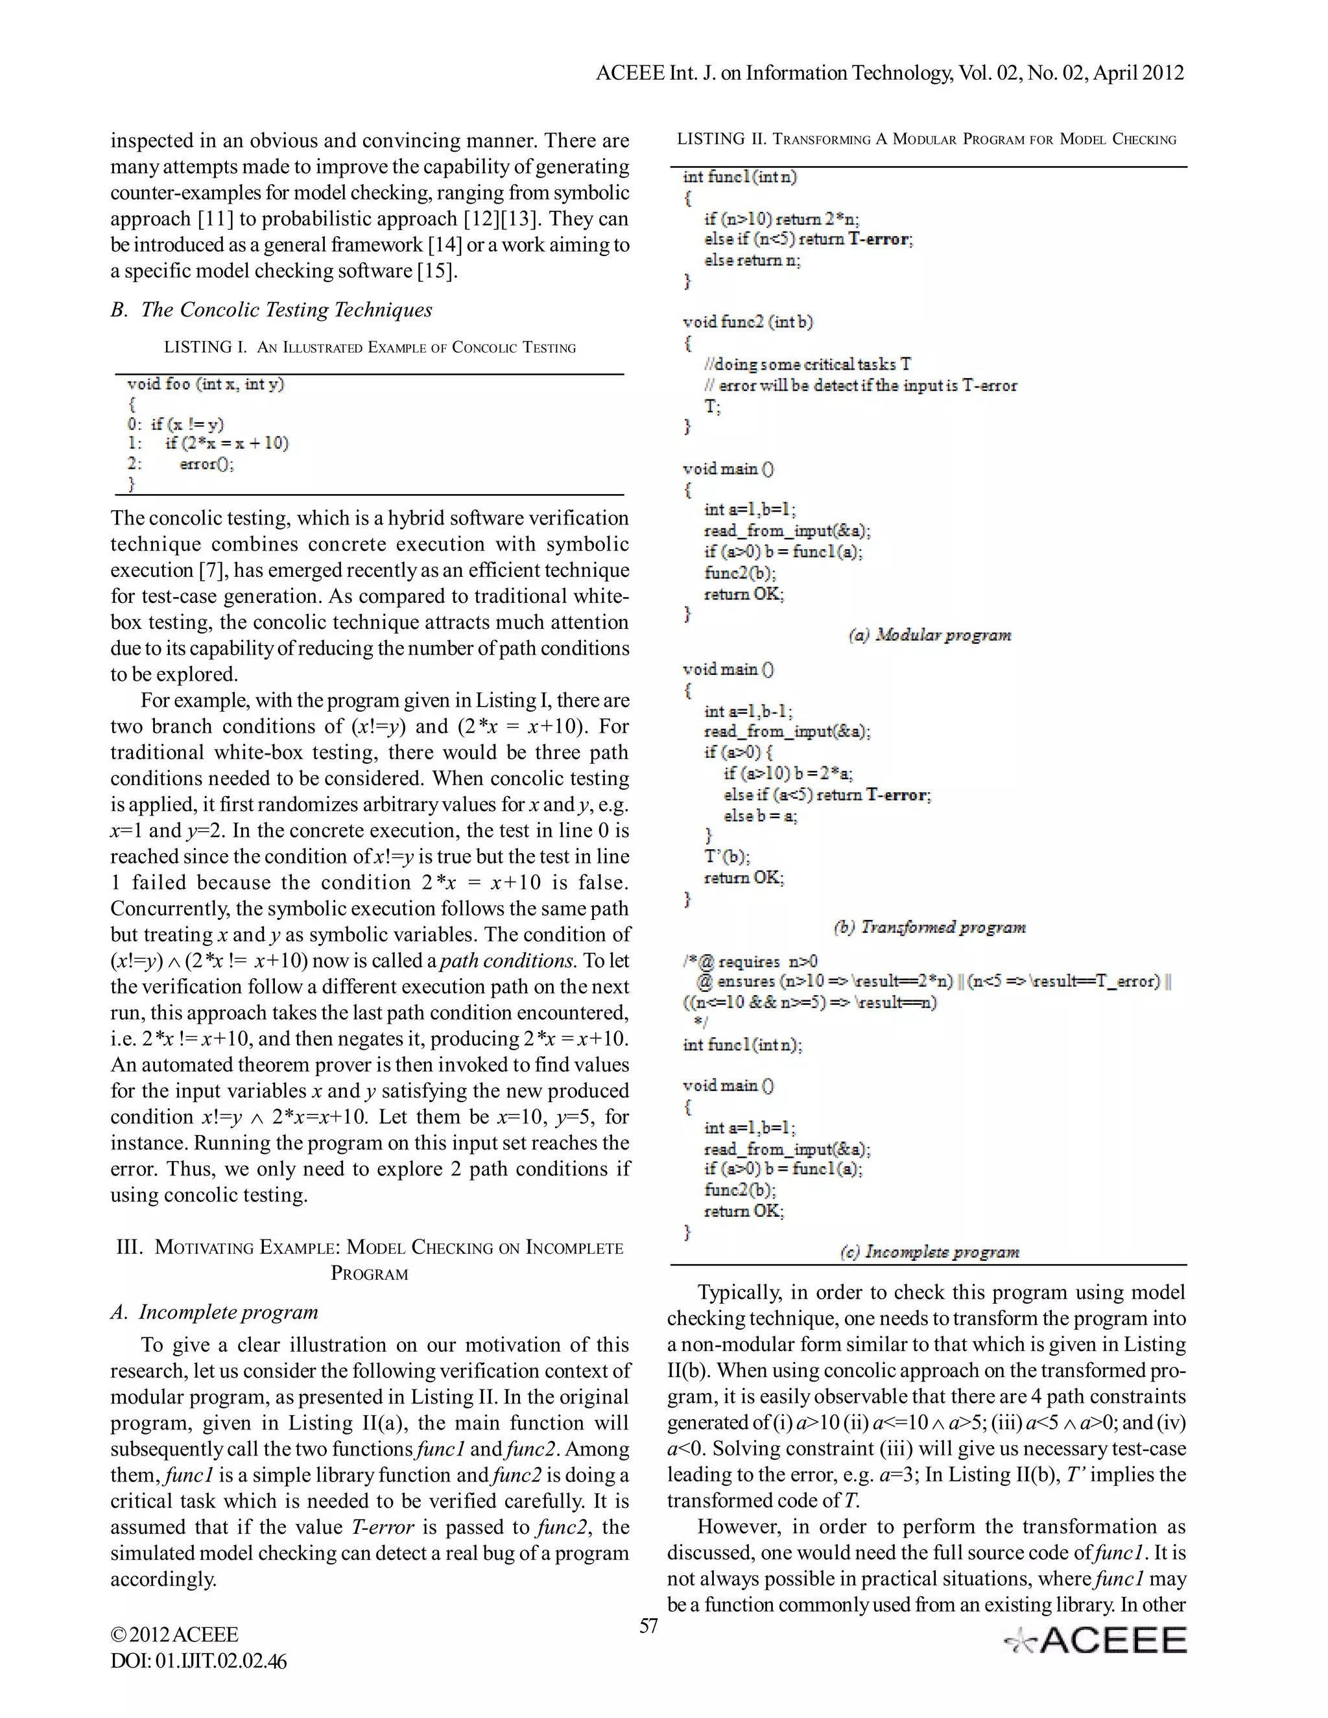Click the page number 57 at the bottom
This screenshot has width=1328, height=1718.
(x=648, y=1626)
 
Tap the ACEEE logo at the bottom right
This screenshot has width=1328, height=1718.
(x=1095, y=1641)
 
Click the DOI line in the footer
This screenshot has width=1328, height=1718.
(x=198, y=1662)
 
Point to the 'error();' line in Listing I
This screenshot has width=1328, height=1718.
(x=206, y=464)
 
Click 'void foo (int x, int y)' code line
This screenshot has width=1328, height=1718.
(x=206, y=384)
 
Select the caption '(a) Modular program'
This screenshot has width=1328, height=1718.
(x=929, y=635)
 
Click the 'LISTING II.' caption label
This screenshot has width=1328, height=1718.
(x=720, y=139)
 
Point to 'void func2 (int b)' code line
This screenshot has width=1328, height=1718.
(x=748, y=322)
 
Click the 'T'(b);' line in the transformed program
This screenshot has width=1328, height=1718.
(x=727, y=856)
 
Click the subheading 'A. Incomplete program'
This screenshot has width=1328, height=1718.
(x=214, y=1312)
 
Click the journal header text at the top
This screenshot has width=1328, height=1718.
(x=890, y=73)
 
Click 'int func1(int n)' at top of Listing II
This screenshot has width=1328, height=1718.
(x=739, y=177)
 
